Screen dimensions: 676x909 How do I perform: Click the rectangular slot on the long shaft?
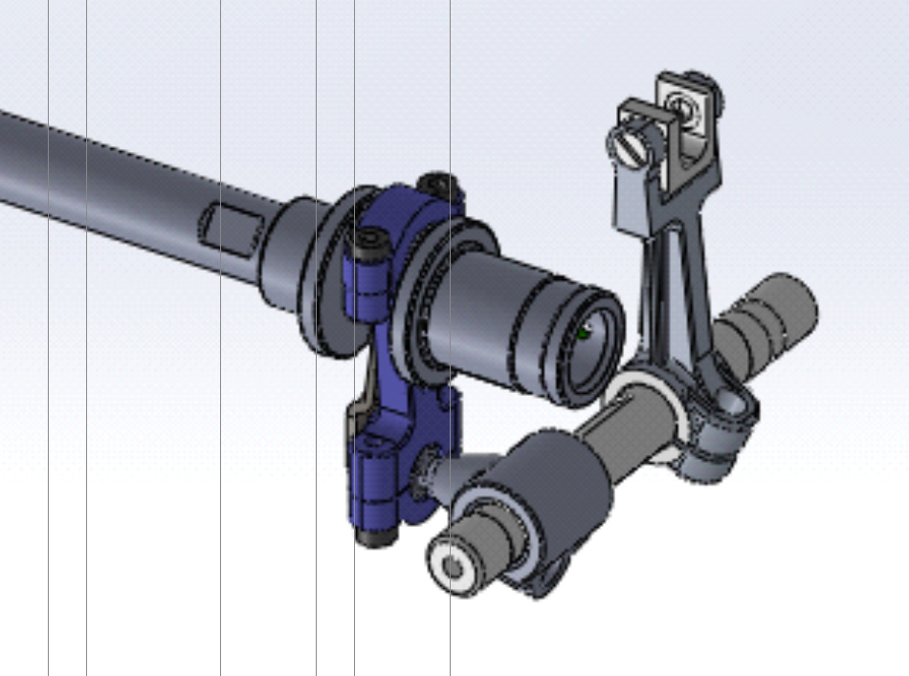point(231,229)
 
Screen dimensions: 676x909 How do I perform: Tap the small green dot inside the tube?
point(584,333)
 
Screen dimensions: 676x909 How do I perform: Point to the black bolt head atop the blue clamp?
point(440,183)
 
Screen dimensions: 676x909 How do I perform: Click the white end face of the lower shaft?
point(450,568)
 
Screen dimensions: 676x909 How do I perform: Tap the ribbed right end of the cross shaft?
point(780,306)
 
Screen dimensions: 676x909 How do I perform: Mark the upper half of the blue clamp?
point(402,229)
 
